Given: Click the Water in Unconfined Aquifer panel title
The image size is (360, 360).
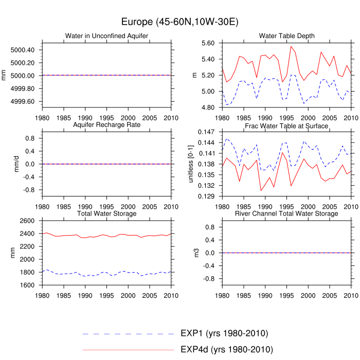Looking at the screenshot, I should (x=106, y=35).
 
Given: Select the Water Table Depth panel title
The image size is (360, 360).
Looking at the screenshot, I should (x=286, y=35).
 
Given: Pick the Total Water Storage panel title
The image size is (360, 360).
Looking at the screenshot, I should (x=106, y=213).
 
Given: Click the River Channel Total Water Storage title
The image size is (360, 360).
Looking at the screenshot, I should (x=286, y=213).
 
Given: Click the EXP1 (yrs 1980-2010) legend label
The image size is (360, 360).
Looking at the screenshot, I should (x=224, y=333).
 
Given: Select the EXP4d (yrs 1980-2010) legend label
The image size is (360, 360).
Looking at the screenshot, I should (x=226, y=350).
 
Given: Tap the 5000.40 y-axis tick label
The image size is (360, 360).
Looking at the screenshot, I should (x=23, y=50).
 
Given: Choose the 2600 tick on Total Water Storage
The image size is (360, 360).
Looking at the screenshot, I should (x=27, y=221).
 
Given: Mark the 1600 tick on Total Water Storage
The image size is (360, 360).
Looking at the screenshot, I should (x=27, y=285).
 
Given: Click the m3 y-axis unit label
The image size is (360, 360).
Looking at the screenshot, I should (x=195, y=253).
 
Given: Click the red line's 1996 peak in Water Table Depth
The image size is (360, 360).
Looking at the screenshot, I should (x=291, y=46).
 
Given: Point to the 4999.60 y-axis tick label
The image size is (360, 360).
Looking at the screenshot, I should (x=23, y=101).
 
